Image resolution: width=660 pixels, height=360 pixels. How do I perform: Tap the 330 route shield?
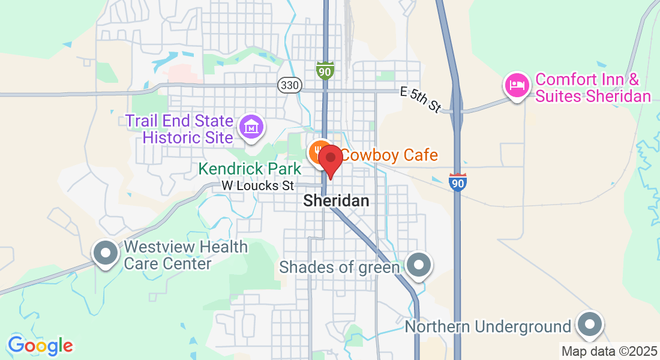[289, 85]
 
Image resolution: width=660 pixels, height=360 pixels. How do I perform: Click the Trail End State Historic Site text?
[179, 128]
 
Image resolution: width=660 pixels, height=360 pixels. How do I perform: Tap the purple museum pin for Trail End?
[251, 126]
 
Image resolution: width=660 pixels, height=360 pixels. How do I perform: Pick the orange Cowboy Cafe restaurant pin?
[319, 153]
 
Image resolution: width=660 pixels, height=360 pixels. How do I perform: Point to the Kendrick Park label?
[250, 169]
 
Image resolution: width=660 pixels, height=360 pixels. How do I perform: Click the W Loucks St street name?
[258, 186]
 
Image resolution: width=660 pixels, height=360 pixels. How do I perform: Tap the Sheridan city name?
[336, 200]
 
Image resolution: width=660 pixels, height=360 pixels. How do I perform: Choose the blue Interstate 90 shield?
[457, 182]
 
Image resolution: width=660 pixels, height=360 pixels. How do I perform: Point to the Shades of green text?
[340, 266]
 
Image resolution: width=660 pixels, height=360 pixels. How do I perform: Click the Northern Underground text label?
[488, 326]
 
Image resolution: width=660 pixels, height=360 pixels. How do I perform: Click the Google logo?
[40, 346]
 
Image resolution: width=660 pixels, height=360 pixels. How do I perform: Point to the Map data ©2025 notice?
[609, 351]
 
